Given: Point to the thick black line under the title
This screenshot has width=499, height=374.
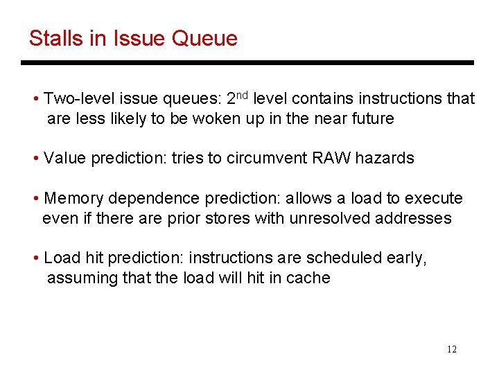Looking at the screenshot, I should coord(247,63).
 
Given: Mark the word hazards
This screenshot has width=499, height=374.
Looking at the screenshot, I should coord(384,158).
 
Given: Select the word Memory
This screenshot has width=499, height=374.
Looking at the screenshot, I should coord(73,199).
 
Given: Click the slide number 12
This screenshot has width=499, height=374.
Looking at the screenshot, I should coord(452,349).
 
